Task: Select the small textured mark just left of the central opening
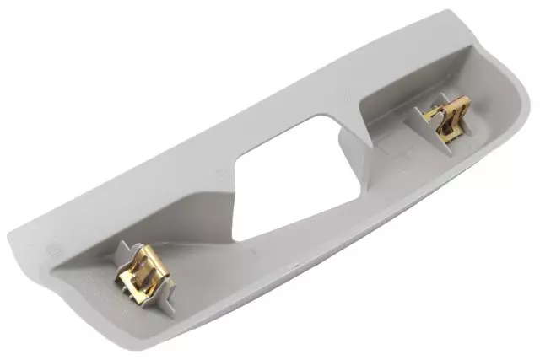click(222, 175)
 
